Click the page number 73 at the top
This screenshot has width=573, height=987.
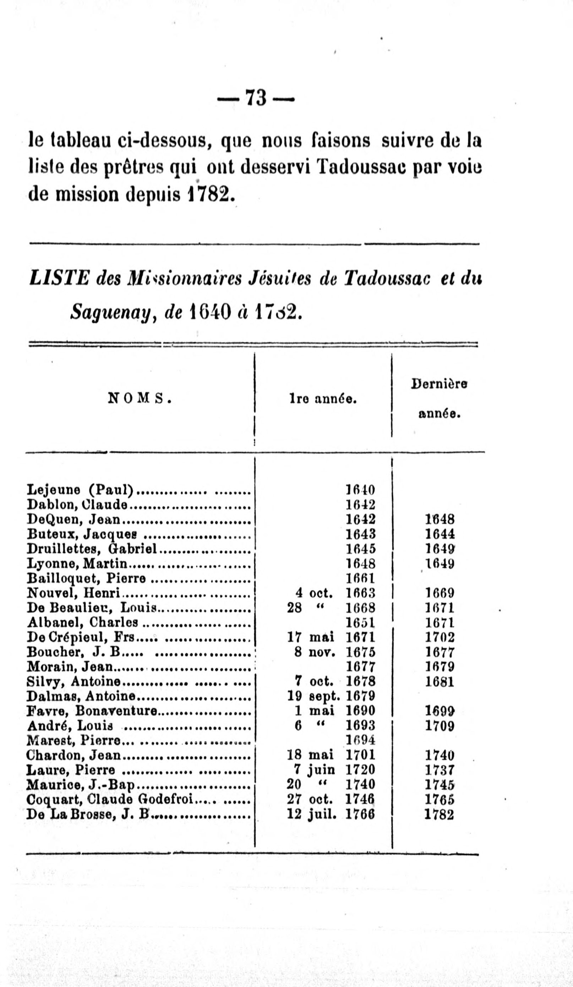pyautogui.click(x=256, y=98)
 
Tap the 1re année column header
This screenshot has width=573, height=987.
pyautogui.click(x=323, y=399)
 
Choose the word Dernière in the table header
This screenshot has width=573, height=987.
pyautogui.click(x=438, y=384)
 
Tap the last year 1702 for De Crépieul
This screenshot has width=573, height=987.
pyautogui.click(x=440, y=638)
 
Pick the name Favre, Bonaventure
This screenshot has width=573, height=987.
pyautogui.click(x=92, y=711)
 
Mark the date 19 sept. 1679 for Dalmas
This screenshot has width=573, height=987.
pyautogui.click(x=331, y=696)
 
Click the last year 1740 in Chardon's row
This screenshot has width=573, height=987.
pyautogui.click(x=440, y=755)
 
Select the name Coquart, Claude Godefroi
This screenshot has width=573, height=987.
pyautogui.click(x=110, y=799)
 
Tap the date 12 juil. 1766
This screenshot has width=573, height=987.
pyautogui.click(x=331, y=814)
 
